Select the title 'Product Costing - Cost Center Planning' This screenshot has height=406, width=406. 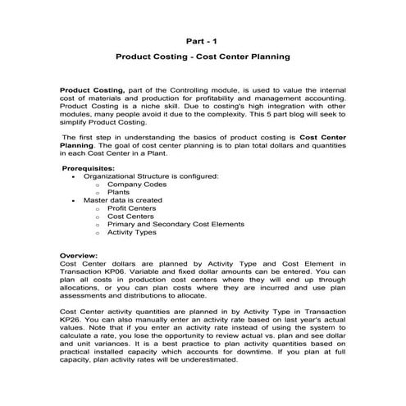[x=203, y=59]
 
